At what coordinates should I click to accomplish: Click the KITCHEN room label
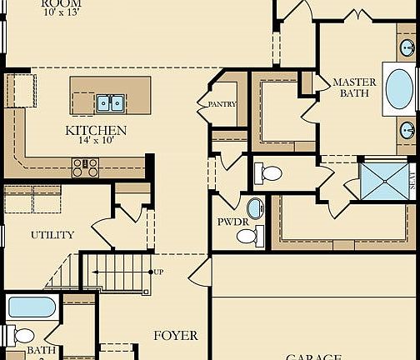coord(96,131)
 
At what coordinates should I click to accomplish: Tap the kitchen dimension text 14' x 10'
coord(96,141)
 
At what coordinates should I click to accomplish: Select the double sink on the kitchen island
coord(110,103)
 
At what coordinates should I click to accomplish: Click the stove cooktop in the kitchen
coord(85,168)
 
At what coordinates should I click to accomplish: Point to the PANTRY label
coord(217,105)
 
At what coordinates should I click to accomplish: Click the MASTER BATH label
coord(354,87)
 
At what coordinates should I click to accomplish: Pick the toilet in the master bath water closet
coord(268,174)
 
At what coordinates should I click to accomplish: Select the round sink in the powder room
coord(255,208)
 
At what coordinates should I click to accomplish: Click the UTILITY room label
coord(52,235)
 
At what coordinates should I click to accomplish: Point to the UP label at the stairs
coord(158,272)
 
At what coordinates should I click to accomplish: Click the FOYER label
coord(176,336)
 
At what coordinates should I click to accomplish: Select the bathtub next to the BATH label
coord(32,307)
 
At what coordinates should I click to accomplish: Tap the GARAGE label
coord(314,357)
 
